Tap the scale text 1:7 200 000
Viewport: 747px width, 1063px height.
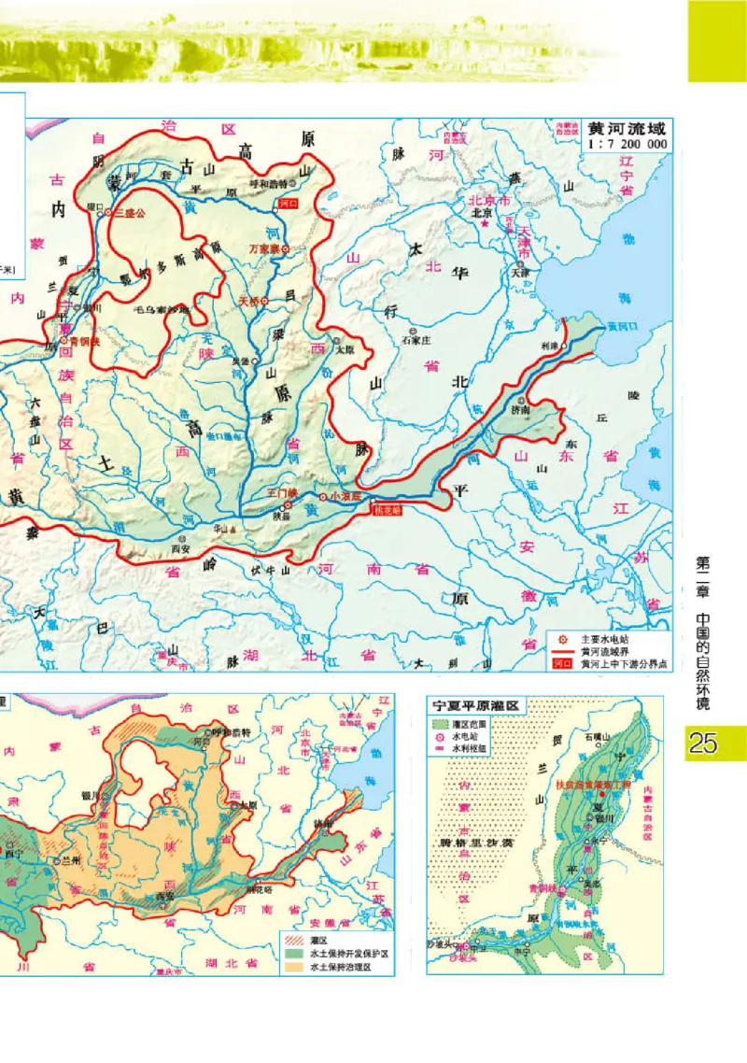click(626, 145)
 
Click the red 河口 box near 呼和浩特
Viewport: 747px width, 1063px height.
click(287, 201)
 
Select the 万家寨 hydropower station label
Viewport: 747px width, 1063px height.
click(264, 249)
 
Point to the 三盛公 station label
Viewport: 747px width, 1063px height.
click(127, 213)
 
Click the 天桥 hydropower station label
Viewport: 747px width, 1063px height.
click(247, 301)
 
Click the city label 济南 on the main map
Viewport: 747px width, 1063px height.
click(520, 408)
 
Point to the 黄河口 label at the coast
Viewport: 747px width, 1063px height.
click(620, 327)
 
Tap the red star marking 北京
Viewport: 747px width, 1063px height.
click(485, 225)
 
